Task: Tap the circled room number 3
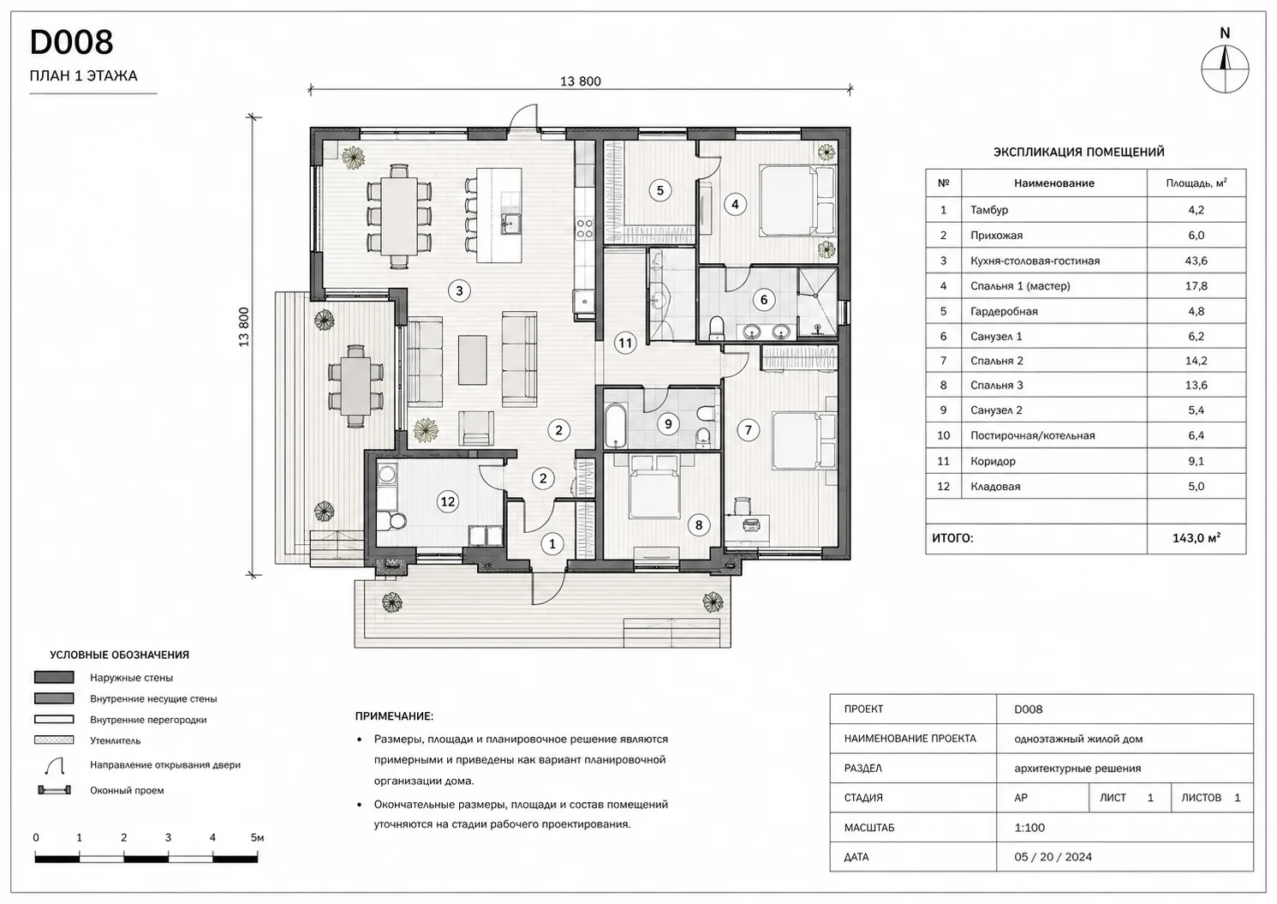point(459,290)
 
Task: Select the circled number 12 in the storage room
point(448,501)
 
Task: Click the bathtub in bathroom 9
point(616,426)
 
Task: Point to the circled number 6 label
point(764,299)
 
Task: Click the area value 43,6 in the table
point(1196,260)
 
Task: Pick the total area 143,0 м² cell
point(1196,538)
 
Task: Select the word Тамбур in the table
point(989,210)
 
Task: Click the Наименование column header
point(1054,183)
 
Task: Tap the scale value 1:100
point(1029,828)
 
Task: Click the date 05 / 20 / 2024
point(1053,857)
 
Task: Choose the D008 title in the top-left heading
point(71,42)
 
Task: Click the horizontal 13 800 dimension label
point(581,81)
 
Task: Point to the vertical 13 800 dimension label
point(244,326)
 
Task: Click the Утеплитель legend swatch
point(54,740)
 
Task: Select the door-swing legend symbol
point(56,765)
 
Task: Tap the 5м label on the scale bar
point(257,837)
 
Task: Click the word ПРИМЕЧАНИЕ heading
point(394,715)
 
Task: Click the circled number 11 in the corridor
point(625,343)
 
